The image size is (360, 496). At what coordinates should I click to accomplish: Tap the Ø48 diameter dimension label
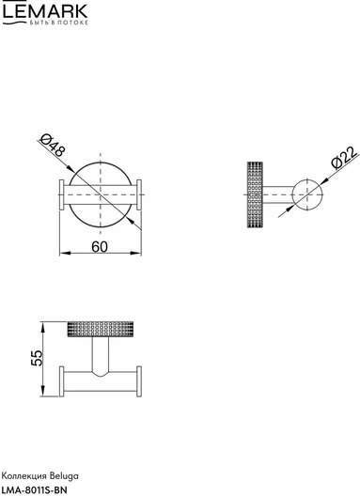[53, 146]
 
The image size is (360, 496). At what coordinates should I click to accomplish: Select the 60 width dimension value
[100, 247]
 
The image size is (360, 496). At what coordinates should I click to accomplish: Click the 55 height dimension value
[37, 358]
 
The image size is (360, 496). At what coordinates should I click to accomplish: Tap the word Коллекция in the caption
[24, 475]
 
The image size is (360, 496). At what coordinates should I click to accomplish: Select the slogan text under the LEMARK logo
[59, 23]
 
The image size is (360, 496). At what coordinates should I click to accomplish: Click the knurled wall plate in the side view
[255, 194]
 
